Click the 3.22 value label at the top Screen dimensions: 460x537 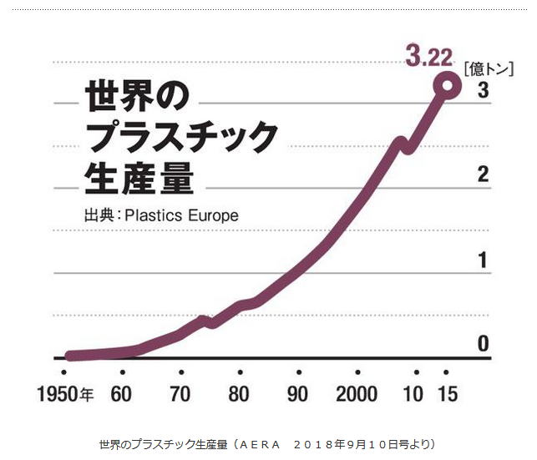(x=428, y=57)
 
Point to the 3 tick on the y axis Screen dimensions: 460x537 (x=483, y=90)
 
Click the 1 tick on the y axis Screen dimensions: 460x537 (x=483, y=260)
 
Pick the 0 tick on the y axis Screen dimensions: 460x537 (x=483, y=343)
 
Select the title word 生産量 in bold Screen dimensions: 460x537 (x=139, y=178)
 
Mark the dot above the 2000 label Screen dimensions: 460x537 (x=357, y=372)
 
